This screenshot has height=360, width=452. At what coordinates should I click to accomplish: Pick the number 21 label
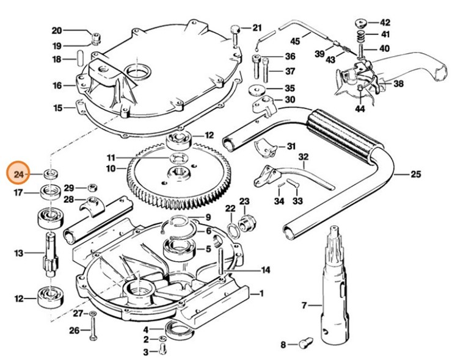[x=257, y=27]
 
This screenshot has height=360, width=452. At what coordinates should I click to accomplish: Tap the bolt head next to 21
[x=237, y=29]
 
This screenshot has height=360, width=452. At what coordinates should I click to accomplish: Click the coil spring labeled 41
[x=362, y=35]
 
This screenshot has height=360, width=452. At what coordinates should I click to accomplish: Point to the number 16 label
[x=57, y=85]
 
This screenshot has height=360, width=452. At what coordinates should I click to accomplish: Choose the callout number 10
[x=111, y=168]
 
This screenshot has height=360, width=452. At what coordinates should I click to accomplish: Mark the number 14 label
[x=266, y=269]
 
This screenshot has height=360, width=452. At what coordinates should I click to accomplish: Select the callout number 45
[x=295, y=41]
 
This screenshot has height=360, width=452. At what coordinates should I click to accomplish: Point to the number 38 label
[x=398, y=84]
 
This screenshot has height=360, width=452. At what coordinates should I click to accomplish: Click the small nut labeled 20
[x=96, y=40]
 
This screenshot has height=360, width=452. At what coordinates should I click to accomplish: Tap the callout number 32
[x=304, y=157]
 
